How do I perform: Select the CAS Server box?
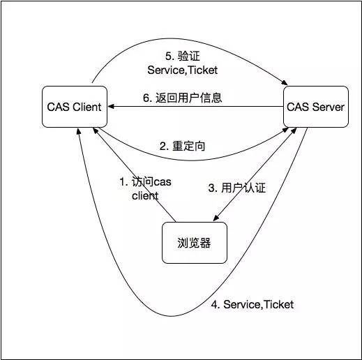pyautogui.click(x=315, y=107)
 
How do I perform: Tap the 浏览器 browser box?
pyautogui.click(x=195, y=243)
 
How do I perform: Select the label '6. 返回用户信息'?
pyautogui.click(x=183, y=98)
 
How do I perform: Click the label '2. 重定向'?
pyautogui.click(x=183, y=147)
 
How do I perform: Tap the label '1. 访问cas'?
pyautogui.click(x=144, y=182)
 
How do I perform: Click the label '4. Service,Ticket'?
pyautogui.click(x=252, y=305)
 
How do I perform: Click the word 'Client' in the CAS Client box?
pyautogui.click(x=86, y=107)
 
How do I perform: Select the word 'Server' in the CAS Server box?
pyautogui.click(x=329, y=107)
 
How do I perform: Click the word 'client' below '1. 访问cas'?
pyautogui.click(x=144, y=196)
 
